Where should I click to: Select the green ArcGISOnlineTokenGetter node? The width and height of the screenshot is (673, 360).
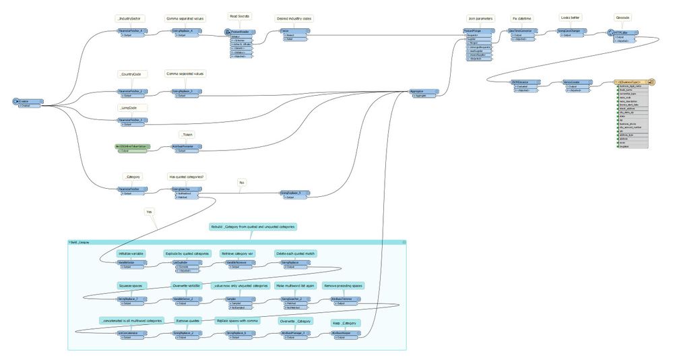(131, 146)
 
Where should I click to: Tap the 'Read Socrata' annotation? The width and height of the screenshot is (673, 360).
(239, 16)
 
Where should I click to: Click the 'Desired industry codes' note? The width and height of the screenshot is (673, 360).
(292, 19)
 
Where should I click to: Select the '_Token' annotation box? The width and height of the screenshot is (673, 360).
(187, 135)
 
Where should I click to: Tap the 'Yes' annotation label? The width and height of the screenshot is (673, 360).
(149, 212)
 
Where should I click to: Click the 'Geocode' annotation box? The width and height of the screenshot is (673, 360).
(622, 19)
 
